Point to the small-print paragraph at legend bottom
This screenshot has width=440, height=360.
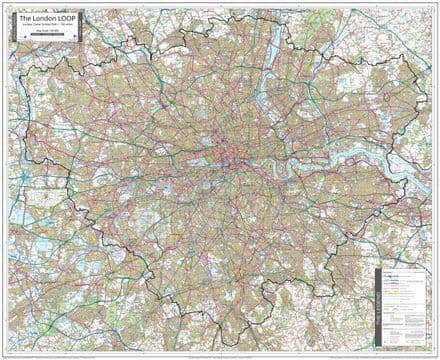405,336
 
